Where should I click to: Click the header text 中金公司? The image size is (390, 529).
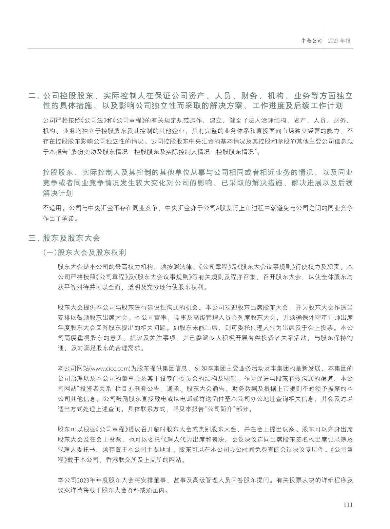[312, 41]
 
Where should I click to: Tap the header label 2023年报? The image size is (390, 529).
[339, 41]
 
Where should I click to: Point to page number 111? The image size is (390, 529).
[348, 505]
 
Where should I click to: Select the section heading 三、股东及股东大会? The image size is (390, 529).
[64, 238]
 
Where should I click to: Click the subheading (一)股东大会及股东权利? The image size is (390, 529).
[84, 253]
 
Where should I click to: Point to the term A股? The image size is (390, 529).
[219, 208]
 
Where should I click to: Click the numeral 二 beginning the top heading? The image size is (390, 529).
[32, 96]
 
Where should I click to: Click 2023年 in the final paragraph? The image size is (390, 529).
[86, 480]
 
